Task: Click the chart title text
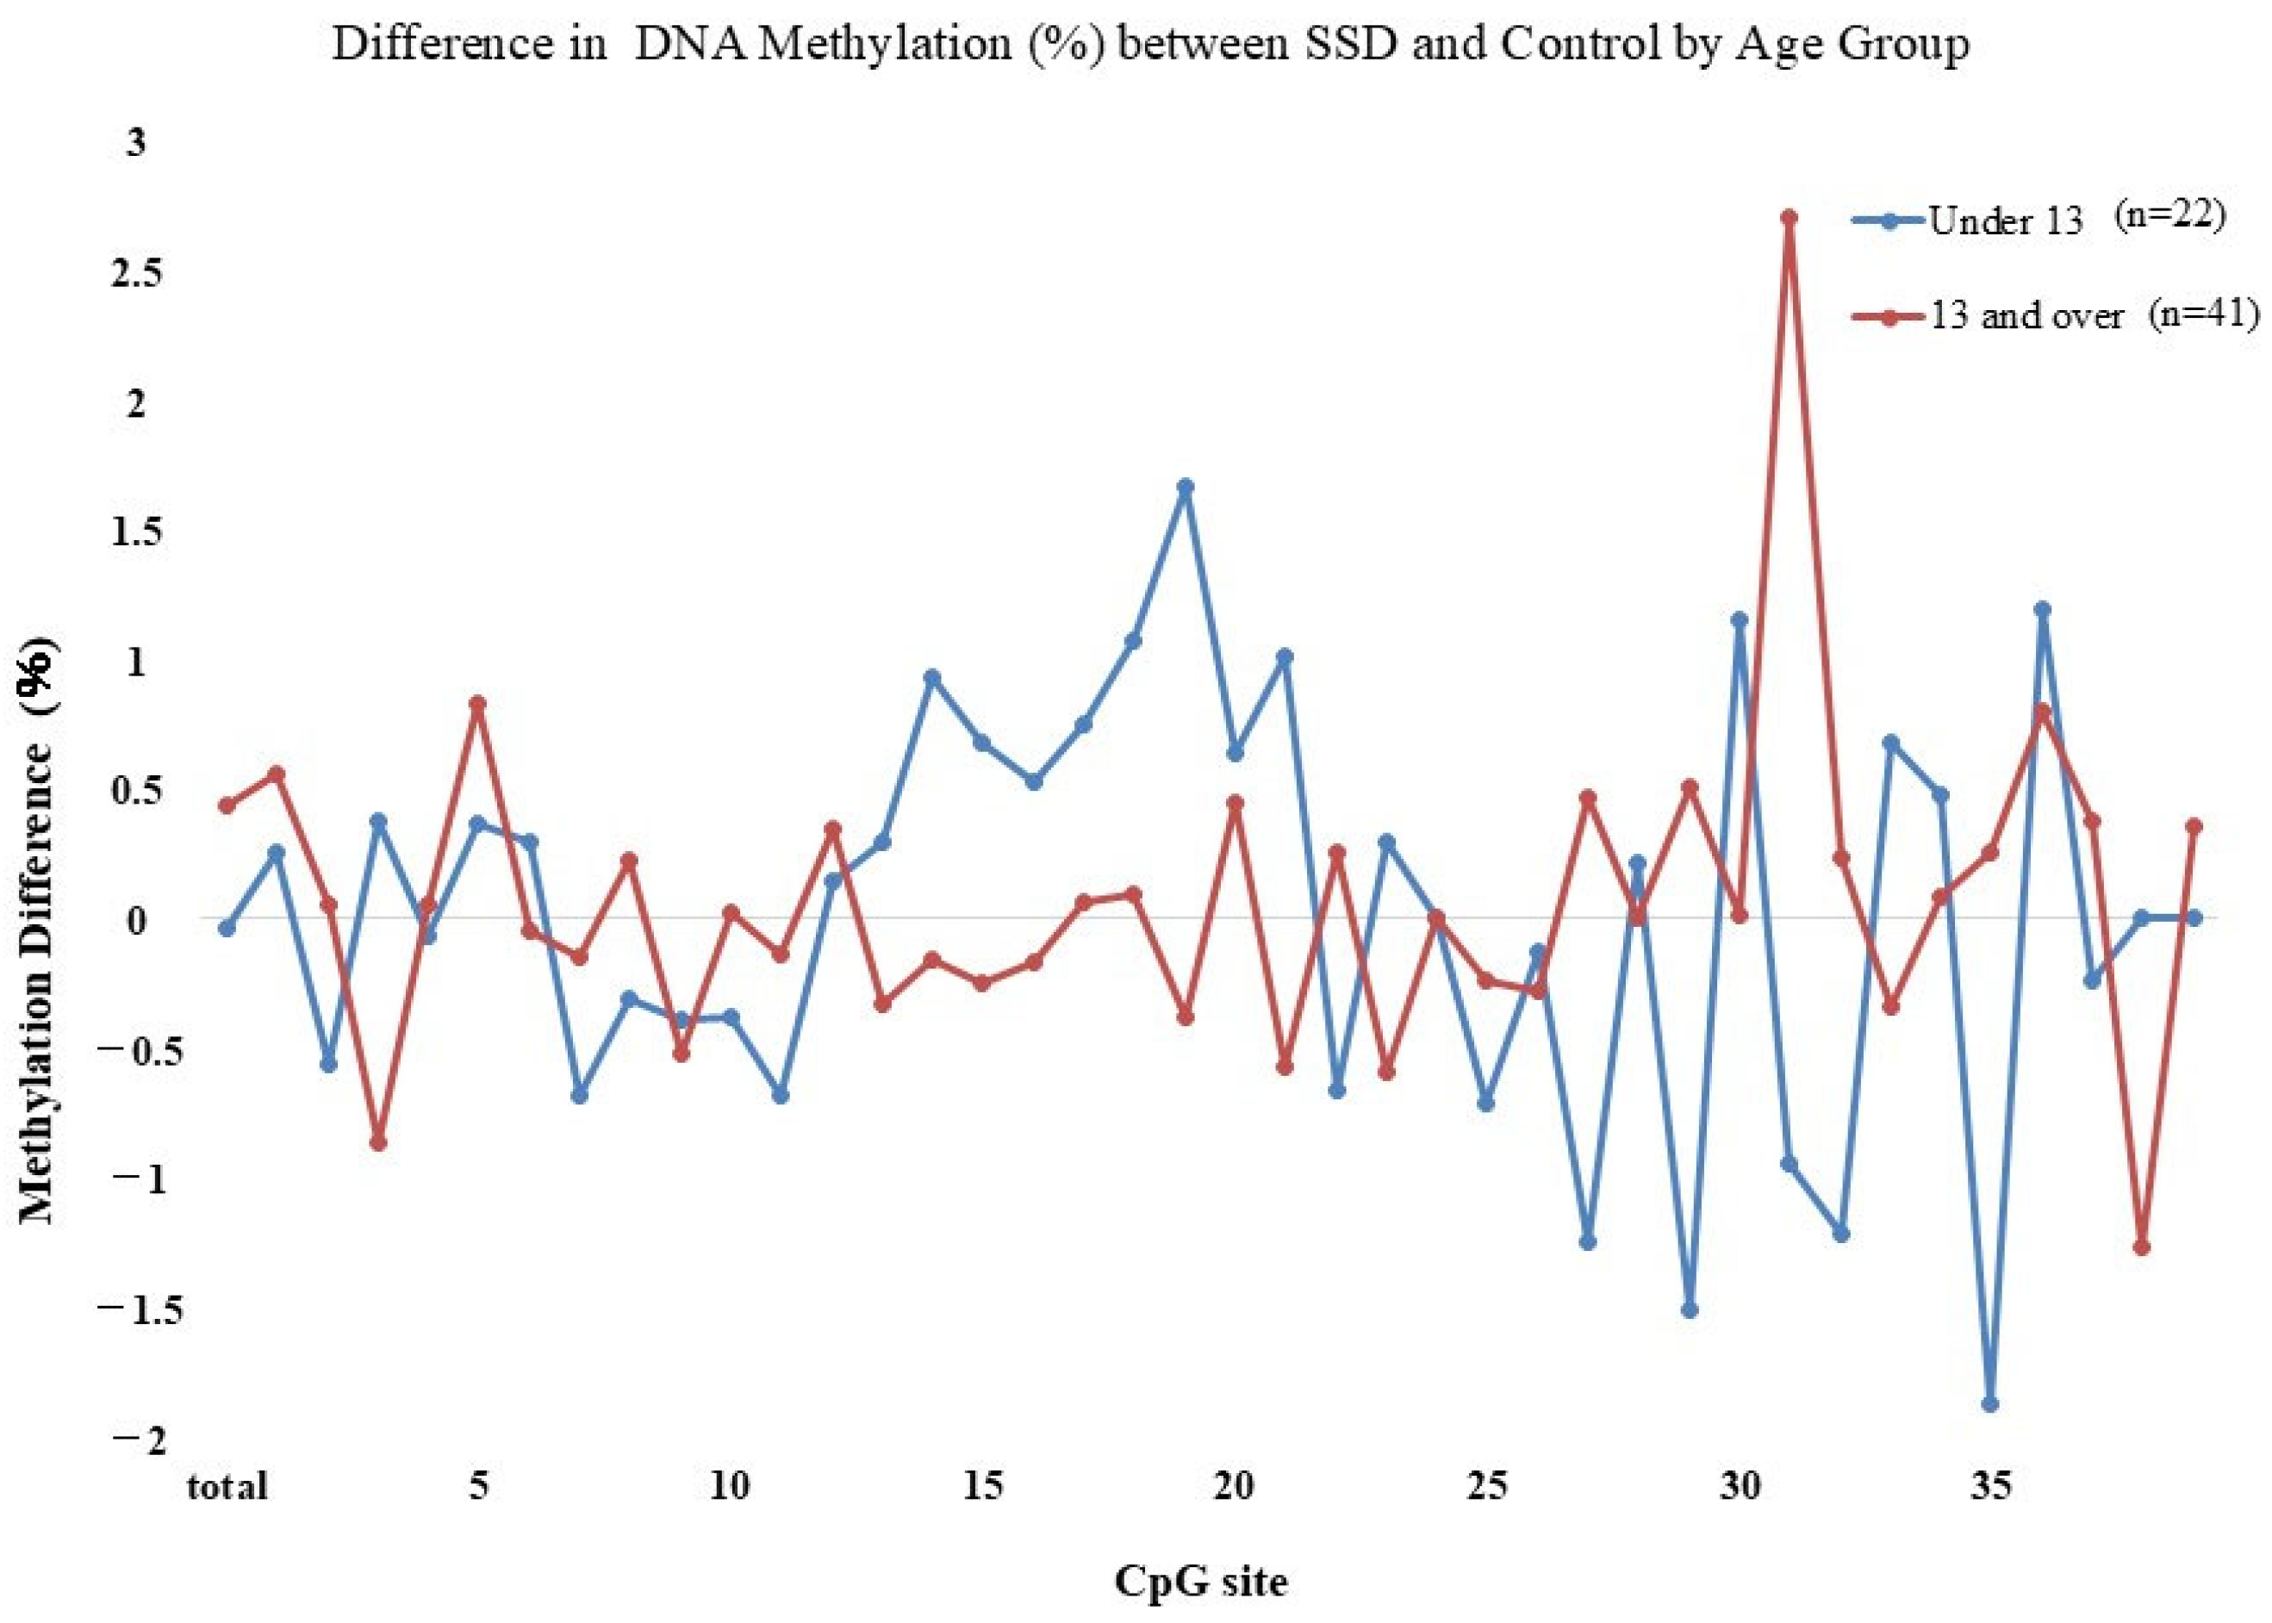click(x=1149, y=46)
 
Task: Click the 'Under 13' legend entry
click(x=2004, y=221)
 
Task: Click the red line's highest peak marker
click(x=1790, y=217)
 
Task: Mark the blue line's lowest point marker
click(x=1990, y=1404)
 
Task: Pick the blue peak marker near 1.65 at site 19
click(x=1186, y=487)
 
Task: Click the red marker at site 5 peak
click(x=478, y=704)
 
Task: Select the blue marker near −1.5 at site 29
click(x=1690, y=1310)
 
